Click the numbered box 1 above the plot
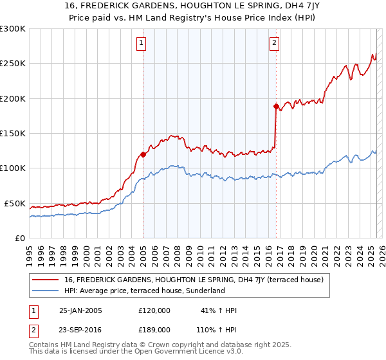tap(141, 43)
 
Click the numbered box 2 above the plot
tap(274, 43)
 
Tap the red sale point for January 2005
tap(143, 154)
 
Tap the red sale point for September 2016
tap(276, 106)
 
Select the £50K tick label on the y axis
tap(15, 203)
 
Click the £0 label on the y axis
tap(20, 238)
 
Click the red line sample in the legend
tap(45, 280)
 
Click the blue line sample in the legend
tap(45, 291)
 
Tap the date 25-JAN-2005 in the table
tap(80, 310)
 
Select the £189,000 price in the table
tap(154, 329)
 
